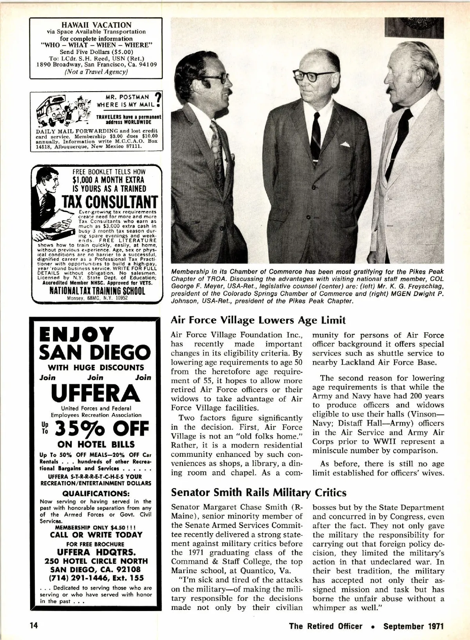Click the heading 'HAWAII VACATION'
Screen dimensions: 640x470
[94, 25]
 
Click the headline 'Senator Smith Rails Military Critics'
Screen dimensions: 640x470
[259, 491]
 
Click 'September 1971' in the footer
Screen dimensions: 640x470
[414, 626]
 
